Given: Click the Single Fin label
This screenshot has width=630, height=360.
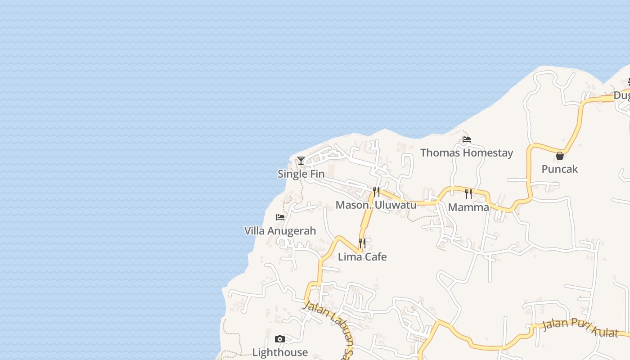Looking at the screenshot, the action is pos(301,174).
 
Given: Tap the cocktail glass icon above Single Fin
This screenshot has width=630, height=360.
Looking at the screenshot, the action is pos(301,161).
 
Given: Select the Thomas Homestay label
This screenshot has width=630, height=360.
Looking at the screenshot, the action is pos(467,153).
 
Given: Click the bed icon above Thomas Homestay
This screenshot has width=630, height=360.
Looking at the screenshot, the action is pos(467,139).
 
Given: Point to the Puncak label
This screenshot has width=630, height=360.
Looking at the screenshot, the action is pos(559,169).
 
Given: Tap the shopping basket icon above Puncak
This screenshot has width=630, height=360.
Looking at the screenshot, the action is pos(559,156).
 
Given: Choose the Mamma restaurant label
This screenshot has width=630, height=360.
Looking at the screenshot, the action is pos(468,207).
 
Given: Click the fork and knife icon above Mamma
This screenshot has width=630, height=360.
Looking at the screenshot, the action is pos(468,194).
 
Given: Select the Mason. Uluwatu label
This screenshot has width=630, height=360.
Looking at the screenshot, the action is pos(376,205).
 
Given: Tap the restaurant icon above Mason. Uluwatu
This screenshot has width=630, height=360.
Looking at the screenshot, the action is pos(376,192).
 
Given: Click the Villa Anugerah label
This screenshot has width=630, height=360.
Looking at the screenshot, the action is pos(280,231).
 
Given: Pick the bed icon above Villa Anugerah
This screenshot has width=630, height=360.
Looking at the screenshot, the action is pos(280,217).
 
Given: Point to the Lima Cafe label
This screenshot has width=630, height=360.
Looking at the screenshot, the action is pos(362,257).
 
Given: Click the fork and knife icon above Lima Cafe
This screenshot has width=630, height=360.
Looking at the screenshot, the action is pos(362,243).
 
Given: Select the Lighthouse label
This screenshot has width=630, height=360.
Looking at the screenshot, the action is pos(280,352).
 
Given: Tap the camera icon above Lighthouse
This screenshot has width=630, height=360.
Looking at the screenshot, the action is pos(280,339).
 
